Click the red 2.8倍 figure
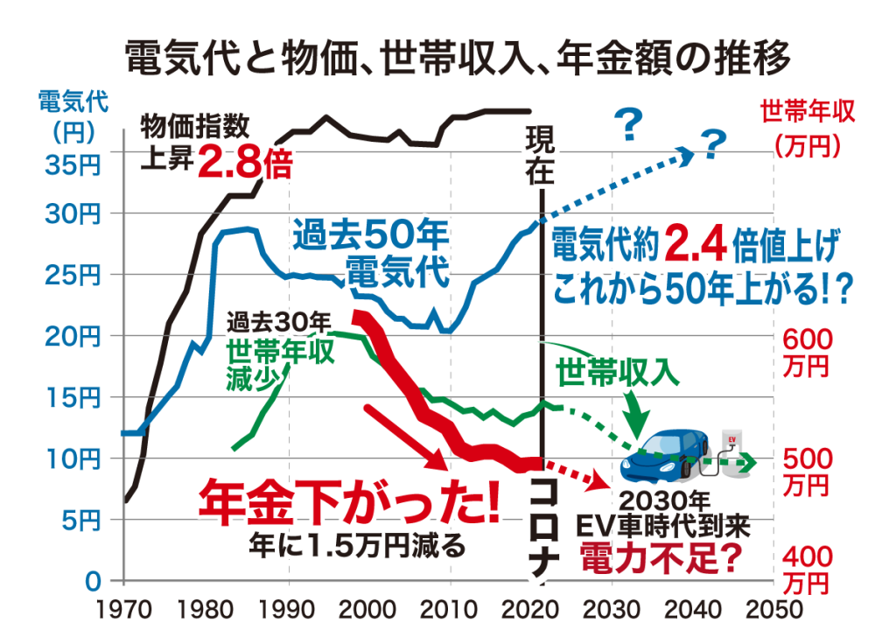click(242, 162)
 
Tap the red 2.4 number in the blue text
click(696, 245)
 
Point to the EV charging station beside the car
click(729, 451)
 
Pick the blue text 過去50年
click(370, 234)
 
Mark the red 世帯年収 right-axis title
click(806, 111)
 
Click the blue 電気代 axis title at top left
click(73, 101)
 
